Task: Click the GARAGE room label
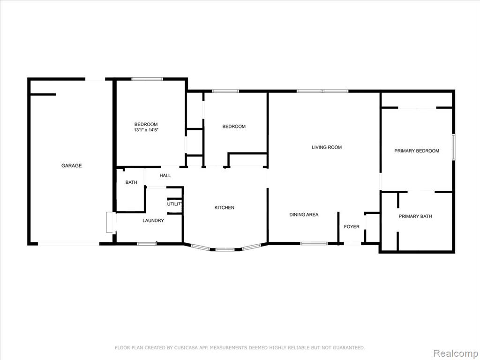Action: tap(71, 165)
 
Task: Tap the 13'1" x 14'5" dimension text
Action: tap(146, 130)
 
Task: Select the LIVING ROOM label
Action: tap(327, 147)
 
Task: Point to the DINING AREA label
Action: tap(304, 215)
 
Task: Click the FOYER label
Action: tap(352, 226)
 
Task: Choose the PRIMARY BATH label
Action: tap(415, 216)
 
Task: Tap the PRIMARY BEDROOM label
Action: tap(417, 150)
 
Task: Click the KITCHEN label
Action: tap(225, 208)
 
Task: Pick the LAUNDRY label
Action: tap(153, 220)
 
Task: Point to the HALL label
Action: tap(165, 175)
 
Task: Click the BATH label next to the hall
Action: tap(131, 182)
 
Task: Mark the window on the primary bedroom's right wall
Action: tap(454, 147)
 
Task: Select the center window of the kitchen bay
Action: tap(225, 249)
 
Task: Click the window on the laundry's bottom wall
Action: tap(146, 244)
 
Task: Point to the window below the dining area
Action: tap(314, 243)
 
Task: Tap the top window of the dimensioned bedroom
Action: tap(147, 79)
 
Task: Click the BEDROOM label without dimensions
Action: tap(234, 127)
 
